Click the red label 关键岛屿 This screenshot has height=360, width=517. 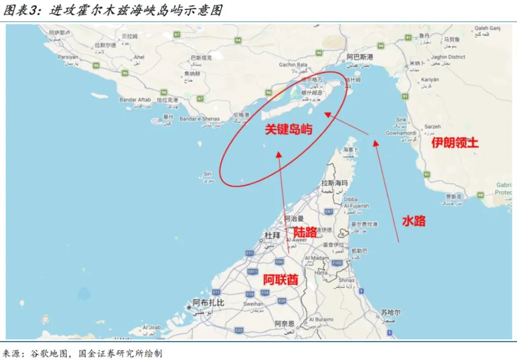click(x=289, y=130)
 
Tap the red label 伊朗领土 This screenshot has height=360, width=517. click(x=455, y=143)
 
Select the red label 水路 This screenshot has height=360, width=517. click(x=413, y=221)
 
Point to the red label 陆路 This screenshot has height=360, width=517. click(x=305, y=232)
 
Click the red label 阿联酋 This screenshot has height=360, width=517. click(x=281, y=279)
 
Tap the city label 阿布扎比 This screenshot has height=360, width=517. click(x=209, y=303)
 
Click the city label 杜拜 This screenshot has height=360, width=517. click(x=273, y=235)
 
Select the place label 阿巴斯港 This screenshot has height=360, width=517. click(x=359, y=57)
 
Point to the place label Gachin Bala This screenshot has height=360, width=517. click(x=293, y=65)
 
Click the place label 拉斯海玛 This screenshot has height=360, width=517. click(x=335, y=183)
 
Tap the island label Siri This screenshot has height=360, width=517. click(x=207, y=174)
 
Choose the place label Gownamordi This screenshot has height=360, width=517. click(x=400, y=133)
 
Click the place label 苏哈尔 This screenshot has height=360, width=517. click(x=391, y=313)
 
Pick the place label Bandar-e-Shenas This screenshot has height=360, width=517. click(x=200, y=119)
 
